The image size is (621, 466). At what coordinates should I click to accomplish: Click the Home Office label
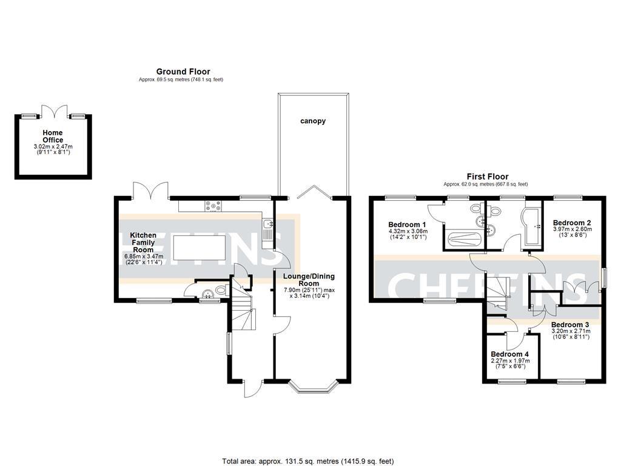53,137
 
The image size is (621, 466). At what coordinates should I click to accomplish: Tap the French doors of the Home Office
53,112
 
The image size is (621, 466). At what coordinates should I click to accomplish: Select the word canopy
313,121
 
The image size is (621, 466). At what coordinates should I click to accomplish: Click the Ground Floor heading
183,72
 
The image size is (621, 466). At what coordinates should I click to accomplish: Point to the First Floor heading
487,177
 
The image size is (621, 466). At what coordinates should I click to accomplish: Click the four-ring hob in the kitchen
213,206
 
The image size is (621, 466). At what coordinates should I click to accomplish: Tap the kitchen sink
267,226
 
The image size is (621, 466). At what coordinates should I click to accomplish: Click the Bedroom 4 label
509,354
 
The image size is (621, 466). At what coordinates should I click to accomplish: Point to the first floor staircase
497,291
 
